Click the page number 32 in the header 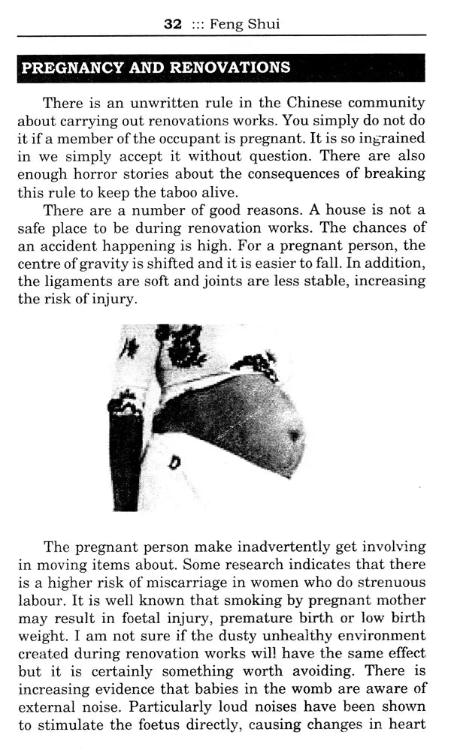point(173,24)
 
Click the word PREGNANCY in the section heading point(63,68)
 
